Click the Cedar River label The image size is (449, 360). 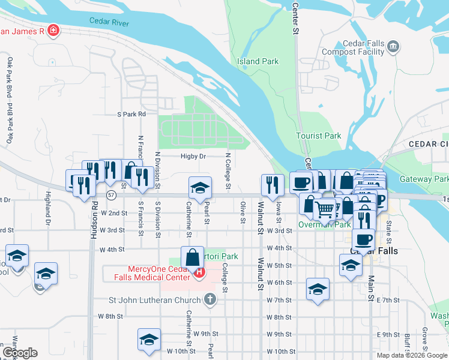(109, 21)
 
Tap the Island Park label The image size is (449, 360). (258, 61)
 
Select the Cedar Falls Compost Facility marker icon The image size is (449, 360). (393, 46)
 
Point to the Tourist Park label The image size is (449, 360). (318, 136)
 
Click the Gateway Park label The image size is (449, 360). (424, 179)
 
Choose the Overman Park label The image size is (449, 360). (325, 224)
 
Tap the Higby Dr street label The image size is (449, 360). (193, 156)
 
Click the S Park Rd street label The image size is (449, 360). (131, 113)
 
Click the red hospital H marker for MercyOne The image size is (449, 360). (199, 274)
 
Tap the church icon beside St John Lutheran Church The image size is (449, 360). (209, 298)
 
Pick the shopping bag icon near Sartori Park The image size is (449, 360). (191, 259)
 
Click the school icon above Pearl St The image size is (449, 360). (200, 188)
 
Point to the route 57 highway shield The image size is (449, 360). (112, 195)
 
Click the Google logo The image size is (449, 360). (20, 352)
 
